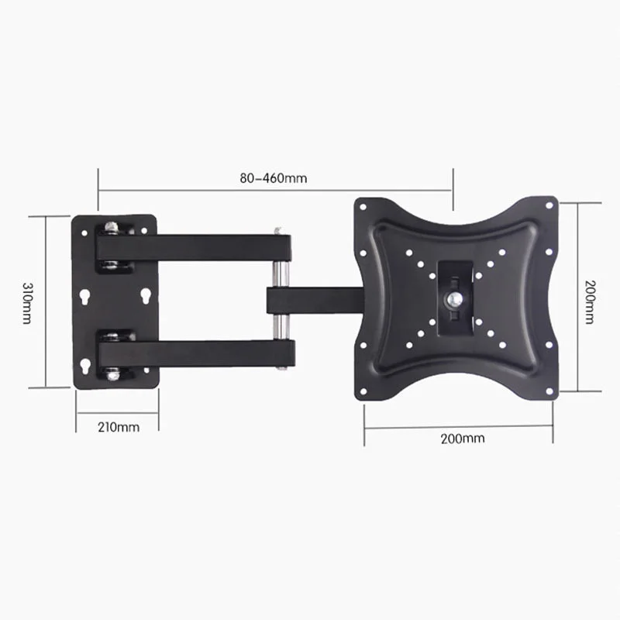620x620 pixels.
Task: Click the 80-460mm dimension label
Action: pyautogui.click(x=273, y=177)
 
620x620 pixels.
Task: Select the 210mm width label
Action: pyautogui.click(x=119, y=427)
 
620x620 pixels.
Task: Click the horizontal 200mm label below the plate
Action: pyautogui.click(x=463, y=438)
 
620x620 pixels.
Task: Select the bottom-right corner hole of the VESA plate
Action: pyautogui.click(x=548, y=392)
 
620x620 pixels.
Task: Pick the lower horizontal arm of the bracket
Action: pyautogui.click(x=194, y=353)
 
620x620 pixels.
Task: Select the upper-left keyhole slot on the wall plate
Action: pyautogui.click(x=84, y=297)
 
